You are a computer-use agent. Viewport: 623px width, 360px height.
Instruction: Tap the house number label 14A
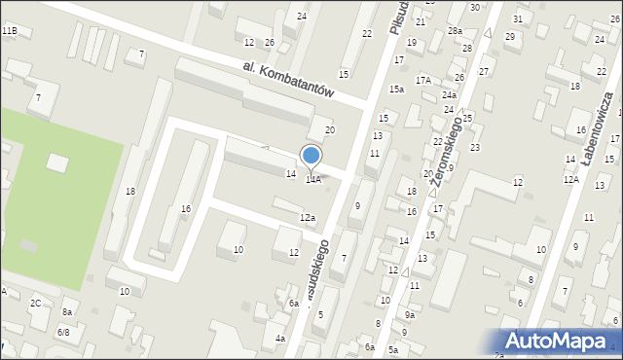point(313,180)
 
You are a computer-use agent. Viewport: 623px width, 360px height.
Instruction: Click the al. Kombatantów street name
point(289,78)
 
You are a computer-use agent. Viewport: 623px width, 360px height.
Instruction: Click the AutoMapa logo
point(563,342)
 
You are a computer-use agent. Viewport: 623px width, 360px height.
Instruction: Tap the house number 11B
point(9,32)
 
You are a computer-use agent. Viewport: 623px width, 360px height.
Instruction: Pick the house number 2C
point(36,304)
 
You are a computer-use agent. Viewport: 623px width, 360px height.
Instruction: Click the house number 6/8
point(64,332)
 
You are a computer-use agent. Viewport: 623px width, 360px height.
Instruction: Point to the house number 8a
point(67,311)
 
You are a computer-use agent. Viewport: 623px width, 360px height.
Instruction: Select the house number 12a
point(307,217)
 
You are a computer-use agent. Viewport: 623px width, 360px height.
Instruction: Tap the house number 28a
point(455,31)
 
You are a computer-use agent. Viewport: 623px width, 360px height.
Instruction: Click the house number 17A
point(423,80)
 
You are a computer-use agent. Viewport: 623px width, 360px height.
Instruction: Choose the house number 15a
point(397,90)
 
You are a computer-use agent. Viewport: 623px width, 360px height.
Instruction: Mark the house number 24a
point(449,95)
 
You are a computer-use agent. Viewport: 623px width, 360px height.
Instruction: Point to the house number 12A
point(570,179)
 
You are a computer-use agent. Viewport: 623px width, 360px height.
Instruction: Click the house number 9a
point(410,315)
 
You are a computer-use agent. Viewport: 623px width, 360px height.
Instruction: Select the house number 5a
point(392,349)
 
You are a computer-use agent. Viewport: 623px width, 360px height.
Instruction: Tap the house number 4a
point(280,339)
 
